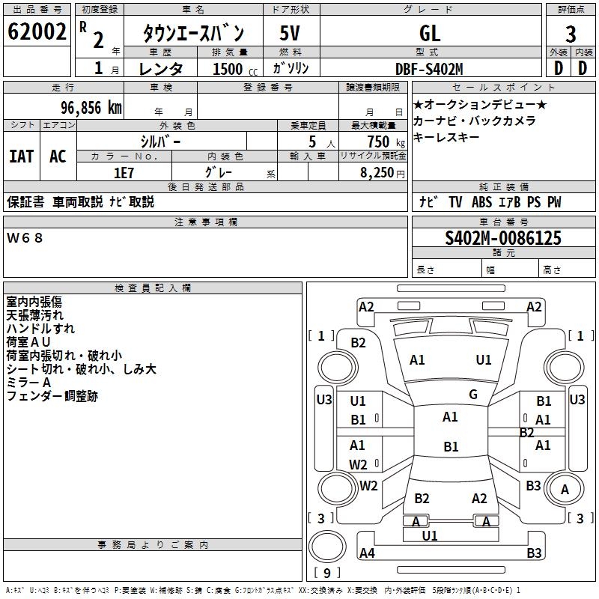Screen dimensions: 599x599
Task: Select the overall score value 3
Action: pyautogui.click(x=571, y=34)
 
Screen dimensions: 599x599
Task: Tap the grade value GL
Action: pyautogui.click(x=430, y=33)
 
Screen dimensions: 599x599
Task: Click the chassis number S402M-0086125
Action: pyautogui.click(x=502, y=239)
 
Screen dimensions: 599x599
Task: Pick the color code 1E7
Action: pyautogui.click(x=124, y=172)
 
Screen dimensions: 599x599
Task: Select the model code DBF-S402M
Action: pyautogui.click(x=429, y=68)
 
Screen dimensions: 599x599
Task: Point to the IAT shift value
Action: pyautogui.click(x=21, y=156)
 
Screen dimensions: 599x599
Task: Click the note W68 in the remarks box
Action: pyautogui.click(x=25, y=238)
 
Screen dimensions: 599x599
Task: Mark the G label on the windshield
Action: pyautogui.click(x=472, y=394)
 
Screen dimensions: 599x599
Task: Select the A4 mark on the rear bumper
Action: pyautogui.click(x=367, y=553)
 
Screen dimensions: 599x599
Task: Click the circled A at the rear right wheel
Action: pyautogui.click(x=565, y=490)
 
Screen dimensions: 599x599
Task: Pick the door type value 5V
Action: pyautogui.click(x=291, y=33)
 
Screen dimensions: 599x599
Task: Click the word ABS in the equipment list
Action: pyautogui.click(x=482, y=202)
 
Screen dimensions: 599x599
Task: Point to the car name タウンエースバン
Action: pyautogui.click(x=193, y=33)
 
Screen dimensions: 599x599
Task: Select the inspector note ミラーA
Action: pyautogui.click(x=29, y=382)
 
